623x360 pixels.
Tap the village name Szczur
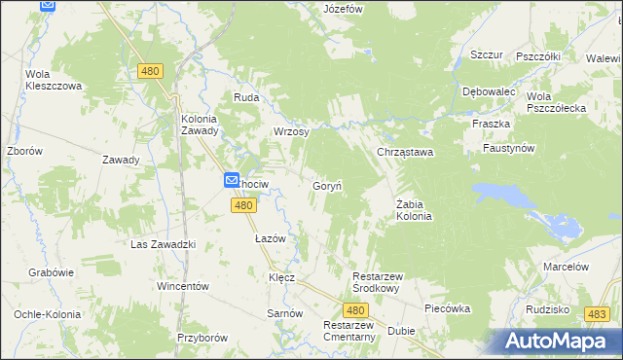pyautogui.click(x=486, y=55)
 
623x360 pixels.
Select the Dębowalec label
pyautogui.click(x=489, y=91)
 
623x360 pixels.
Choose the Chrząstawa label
pyautogui.click(x=405, y=153)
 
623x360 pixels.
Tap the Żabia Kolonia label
pyautogui.click(x=414, y=209)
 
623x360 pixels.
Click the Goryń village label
pyautogui.click(x=325, y=185)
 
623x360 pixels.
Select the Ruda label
pyautogui.click(x=244, y=97)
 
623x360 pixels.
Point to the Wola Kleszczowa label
pyautogui.click(x=53, y=80)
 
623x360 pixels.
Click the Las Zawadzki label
pyautogui.click(x=164, y=244)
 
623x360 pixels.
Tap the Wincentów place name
pyautogui.click(x=183, y=287)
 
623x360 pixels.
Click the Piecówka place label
pyautogui.click(x=448, y=308)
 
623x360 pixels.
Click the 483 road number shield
pyautogui.click(x=598, y=314)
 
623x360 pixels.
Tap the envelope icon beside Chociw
pyautogui.click(x=232, y=180)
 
